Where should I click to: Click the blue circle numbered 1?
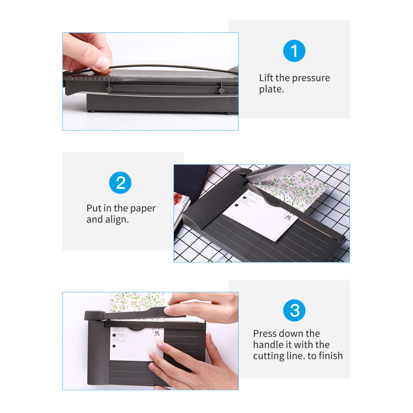pos(294,51)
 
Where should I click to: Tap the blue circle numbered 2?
pos(120,183)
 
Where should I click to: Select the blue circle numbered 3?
pos(294,311)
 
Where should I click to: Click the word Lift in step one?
pos(266,78)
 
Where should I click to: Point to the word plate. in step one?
pos(271,89)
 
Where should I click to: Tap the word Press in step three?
pos(265,334)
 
